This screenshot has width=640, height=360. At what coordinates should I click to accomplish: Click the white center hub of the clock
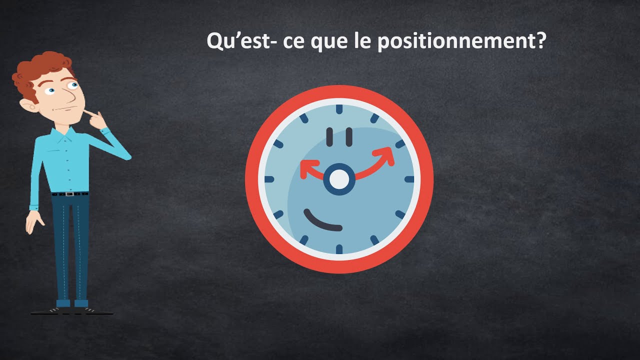[339, 179]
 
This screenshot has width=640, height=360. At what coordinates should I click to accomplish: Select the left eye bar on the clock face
[329, 137]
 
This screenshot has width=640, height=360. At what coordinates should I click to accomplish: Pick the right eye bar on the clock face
[349, 137]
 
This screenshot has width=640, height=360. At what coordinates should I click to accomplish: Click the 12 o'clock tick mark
[339, 109]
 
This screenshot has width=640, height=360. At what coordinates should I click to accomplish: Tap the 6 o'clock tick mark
[339, 249]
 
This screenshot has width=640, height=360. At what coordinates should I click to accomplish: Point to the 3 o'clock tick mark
[409, 179]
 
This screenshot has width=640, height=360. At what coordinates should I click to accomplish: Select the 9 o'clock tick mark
[269, 179]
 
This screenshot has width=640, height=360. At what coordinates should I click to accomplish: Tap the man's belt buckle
[69, 194]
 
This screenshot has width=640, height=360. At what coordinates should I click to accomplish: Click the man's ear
[28, 105]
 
